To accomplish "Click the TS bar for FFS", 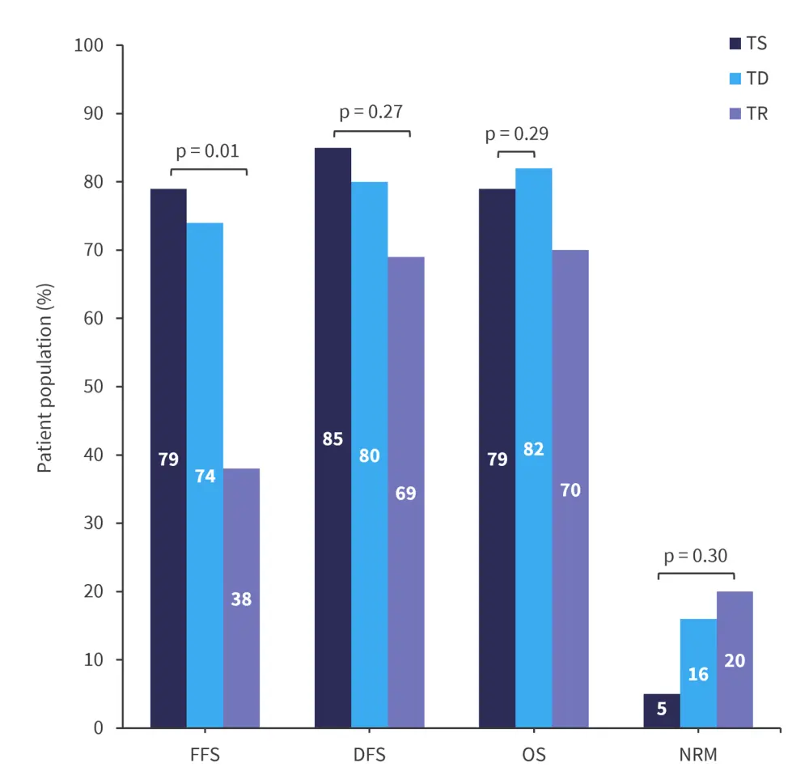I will coord(168,458).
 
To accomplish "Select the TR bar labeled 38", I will coord(241,598).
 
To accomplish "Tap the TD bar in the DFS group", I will coord(369,455).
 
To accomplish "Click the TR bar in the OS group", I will coord(570,489).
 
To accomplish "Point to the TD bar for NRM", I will coord(698,673).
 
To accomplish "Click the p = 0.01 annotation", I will coord(208,150).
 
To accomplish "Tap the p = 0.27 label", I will coord(371,112).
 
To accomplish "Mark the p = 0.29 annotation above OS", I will coord(516,133).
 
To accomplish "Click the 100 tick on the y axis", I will coord(88,45).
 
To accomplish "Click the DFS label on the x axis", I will coord(369,756).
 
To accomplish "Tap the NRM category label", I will coord(698,756).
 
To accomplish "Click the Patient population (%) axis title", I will coord(45,387).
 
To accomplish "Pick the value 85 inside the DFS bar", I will coord(332,439).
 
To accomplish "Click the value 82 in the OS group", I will coord(533,448).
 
